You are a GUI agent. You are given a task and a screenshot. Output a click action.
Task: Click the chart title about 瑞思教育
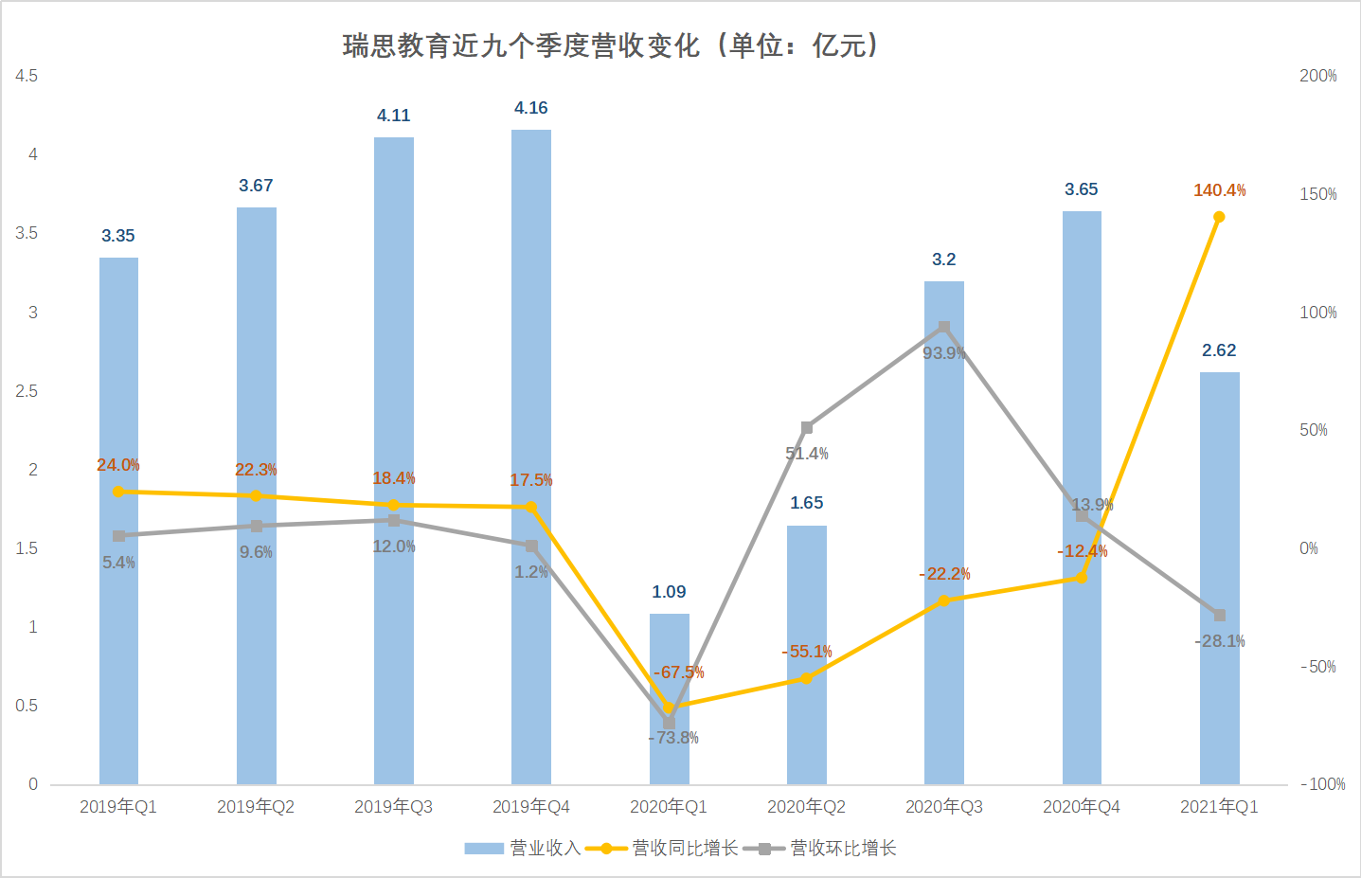click(611, 45)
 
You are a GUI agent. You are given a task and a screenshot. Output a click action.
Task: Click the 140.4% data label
click(1219, 190)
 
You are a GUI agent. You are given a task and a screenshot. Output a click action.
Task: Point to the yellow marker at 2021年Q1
click(1219, 217)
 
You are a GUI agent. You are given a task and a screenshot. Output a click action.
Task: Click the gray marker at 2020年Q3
click(944, 328)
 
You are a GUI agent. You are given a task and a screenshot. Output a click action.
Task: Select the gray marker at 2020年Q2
click(807, 428)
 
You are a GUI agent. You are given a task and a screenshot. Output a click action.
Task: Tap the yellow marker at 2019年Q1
click(118, 492)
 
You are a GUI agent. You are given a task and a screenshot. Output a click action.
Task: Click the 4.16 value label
click(531, 108)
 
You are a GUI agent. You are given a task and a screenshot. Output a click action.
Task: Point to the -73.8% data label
click(673, 738)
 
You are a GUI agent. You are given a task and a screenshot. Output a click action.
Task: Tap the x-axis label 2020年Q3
click(944, 807)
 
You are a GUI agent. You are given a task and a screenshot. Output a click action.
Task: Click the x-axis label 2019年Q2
click(256, 807)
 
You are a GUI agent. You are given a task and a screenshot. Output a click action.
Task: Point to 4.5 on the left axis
click(27, 76)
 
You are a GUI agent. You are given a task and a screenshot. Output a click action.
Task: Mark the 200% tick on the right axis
click(1317, 76)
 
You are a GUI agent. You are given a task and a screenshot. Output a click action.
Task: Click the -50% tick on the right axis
click(1317, 667)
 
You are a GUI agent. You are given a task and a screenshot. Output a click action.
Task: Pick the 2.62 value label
click(1219, 350)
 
